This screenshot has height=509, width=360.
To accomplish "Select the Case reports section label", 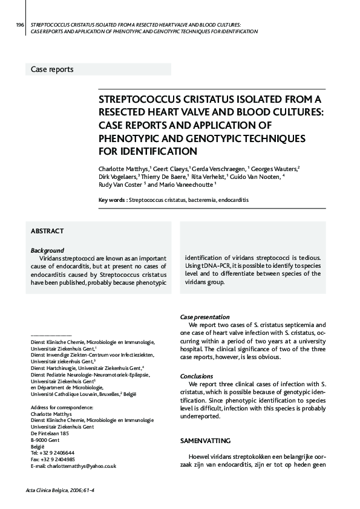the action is point(52,70).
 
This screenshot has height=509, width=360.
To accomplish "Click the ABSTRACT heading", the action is point(47,232).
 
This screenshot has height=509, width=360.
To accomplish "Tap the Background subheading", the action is point(47,250).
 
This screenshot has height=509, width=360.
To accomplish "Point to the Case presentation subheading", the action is point(205,317).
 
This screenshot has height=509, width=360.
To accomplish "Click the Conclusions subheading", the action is point(197,376).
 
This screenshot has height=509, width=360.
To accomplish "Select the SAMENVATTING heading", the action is point(205,441).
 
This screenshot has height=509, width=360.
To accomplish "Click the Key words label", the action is point(113,199).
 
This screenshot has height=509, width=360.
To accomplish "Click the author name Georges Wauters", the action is point(275,167).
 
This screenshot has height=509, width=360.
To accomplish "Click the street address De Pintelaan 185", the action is point(50,433).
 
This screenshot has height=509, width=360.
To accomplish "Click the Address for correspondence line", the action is point(57,407).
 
